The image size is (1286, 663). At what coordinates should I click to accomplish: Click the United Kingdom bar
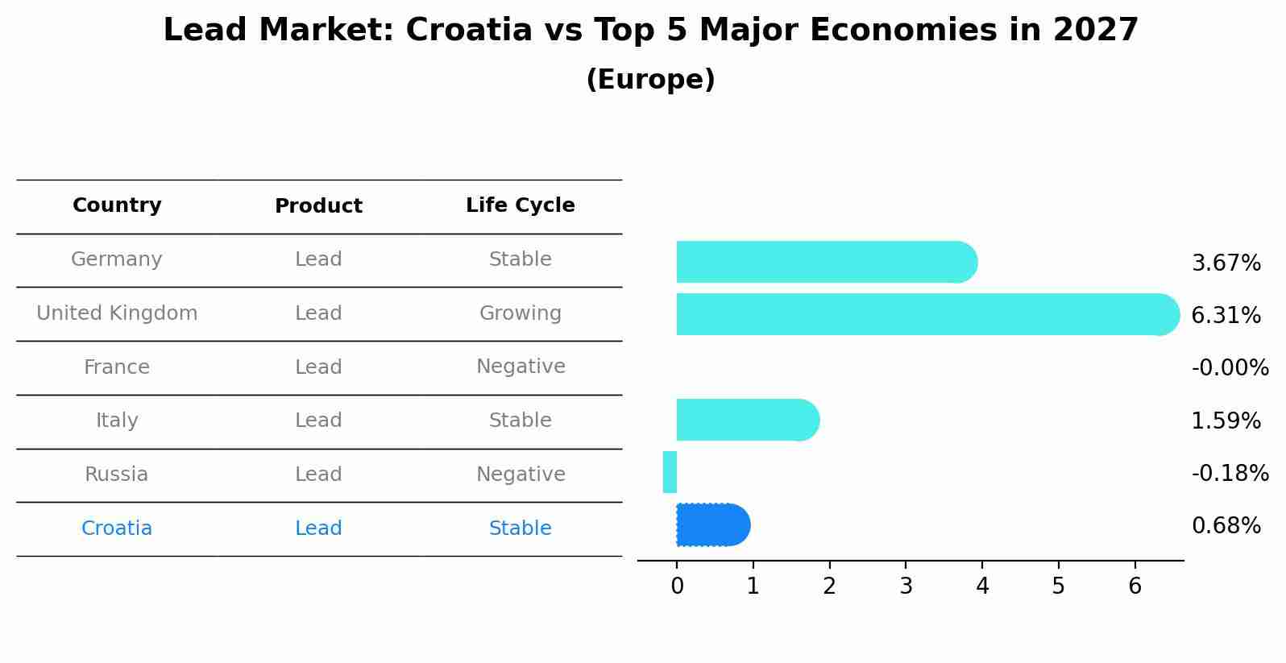(x=927, y=314)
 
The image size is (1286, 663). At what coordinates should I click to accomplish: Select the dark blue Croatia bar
(x=712, y=525)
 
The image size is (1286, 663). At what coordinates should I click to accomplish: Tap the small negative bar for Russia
(x=670, y=472)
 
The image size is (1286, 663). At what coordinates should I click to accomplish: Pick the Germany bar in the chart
(x=826, y=262)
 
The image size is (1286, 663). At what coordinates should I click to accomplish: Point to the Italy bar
(x=747, y=420)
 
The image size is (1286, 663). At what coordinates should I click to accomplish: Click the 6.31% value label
(x=1226, y=316)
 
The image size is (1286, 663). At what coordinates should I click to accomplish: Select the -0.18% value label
(x=1230, y=474)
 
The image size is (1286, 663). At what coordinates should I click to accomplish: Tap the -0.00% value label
(x=1230, y=368)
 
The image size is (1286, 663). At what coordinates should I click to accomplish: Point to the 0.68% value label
(x=1226, y=526)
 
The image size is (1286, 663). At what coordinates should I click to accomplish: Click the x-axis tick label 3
(x=906, y=586)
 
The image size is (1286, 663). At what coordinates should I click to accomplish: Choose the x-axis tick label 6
(x=1135, y=586)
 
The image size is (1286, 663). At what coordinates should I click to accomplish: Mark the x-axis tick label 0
(x=677, y=586)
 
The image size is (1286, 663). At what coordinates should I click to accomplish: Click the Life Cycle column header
(x=520, y=205)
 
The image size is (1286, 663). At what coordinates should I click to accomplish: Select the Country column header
(x=117, y=205)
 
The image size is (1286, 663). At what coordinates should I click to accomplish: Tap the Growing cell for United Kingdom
(x=520, y=313)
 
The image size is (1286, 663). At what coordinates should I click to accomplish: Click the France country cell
(x=117, y=367)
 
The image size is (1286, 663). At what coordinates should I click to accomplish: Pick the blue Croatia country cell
(x=117, y=528)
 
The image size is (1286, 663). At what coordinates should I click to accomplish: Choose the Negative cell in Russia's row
(x=520, y=474)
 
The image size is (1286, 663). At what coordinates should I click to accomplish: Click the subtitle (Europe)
(x=650, y=80)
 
